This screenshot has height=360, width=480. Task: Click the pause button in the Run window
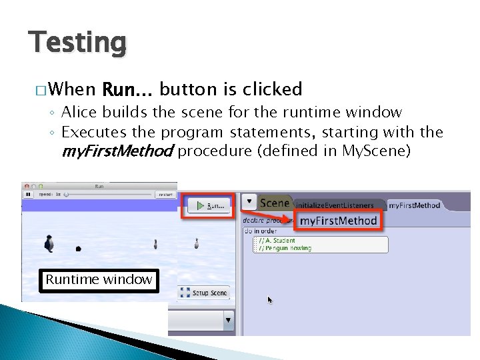click(28, 195)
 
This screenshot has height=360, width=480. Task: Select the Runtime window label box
click(99, 279)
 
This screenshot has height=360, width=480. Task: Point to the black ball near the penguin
click(79, 249)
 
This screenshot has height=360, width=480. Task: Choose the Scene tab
click(274, 203)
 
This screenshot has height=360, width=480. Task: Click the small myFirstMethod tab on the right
click(414, 205)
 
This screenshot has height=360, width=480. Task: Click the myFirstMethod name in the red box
click(338, 221)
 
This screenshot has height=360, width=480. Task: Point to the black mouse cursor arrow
click(270, 300)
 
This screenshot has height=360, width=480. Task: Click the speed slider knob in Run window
click(66, 195)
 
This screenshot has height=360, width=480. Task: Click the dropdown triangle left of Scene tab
click(249, 201)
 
